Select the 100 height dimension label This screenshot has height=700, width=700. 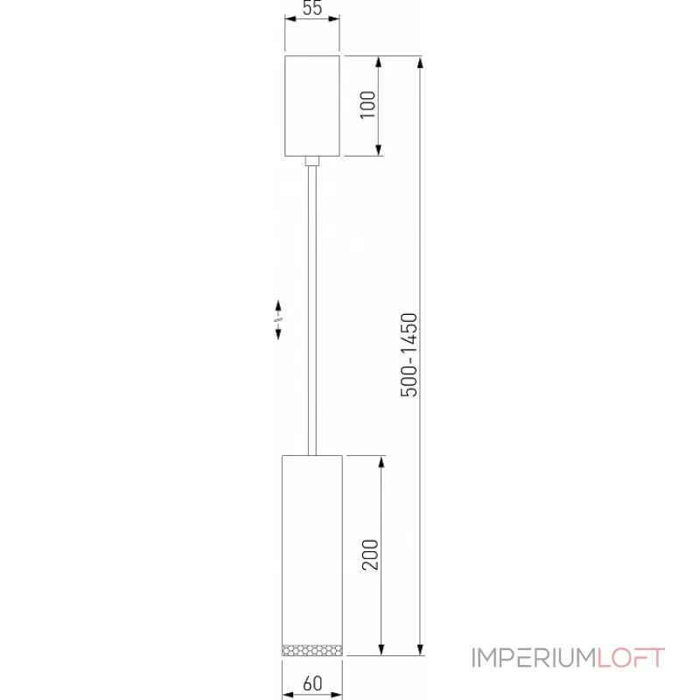click(367, 106)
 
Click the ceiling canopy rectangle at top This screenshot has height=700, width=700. click(312, 106)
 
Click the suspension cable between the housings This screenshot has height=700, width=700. click(311, 306)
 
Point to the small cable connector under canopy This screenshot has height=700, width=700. click(312, 161)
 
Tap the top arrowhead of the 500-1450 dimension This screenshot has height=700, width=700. click(423, 63)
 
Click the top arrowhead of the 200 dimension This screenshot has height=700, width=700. click(381, 462)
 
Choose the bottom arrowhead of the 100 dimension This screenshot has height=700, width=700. click(378, 150)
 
